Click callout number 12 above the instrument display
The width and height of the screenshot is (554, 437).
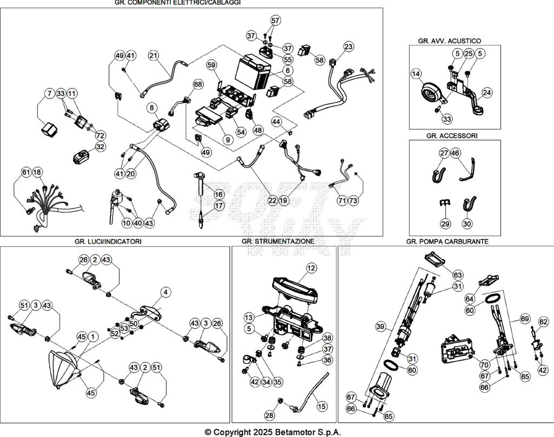(311, 268)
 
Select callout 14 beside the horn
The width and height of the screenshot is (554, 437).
(415, 74)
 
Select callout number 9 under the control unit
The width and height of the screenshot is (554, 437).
(227, 139)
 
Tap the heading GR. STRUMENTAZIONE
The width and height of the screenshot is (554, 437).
(278, 242)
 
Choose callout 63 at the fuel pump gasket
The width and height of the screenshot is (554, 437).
(458, 275)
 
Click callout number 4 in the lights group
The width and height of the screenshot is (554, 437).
(166, 292)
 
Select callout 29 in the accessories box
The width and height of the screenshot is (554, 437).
(445, 223)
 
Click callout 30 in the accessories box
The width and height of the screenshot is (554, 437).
(467, 223)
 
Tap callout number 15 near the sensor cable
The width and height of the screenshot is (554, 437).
(321, 406)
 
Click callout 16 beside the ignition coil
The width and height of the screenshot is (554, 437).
(219, 194)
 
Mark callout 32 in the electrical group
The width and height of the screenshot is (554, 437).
(100, 147)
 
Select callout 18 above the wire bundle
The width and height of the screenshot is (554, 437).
(37, 172)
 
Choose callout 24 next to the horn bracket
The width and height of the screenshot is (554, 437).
(487, 93)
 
